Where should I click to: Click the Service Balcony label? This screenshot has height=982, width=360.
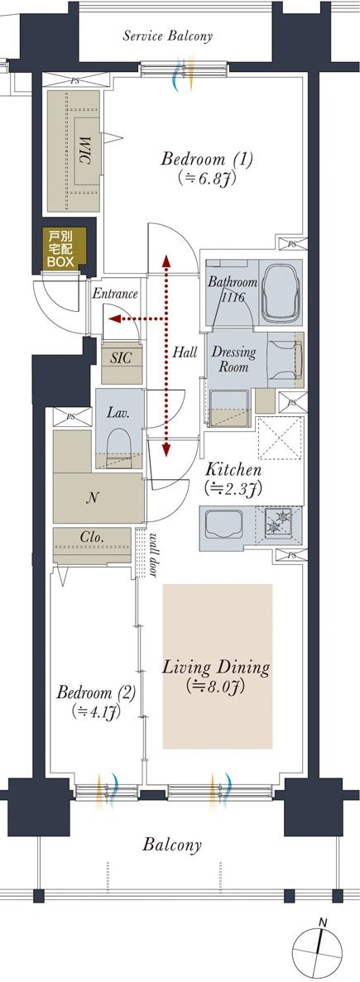tap(167, 36)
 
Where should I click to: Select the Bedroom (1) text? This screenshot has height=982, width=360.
tap(207, 160)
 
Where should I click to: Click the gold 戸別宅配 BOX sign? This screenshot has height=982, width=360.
tap(60, 249)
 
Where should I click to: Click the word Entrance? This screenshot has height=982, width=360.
tap(114, 293)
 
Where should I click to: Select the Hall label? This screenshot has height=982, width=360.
tap(185, 352)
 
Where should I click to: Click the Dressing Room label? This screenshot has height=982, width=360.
tap(233, 360)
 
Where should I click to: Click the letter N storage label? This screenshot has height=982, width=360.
tap(91, 499)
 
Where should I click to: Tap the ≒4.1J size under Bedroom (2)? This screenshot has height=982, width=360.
tap(96, 711)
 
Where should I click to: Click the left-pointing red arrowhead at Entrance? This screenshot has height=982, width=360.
tap(114, 319)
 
